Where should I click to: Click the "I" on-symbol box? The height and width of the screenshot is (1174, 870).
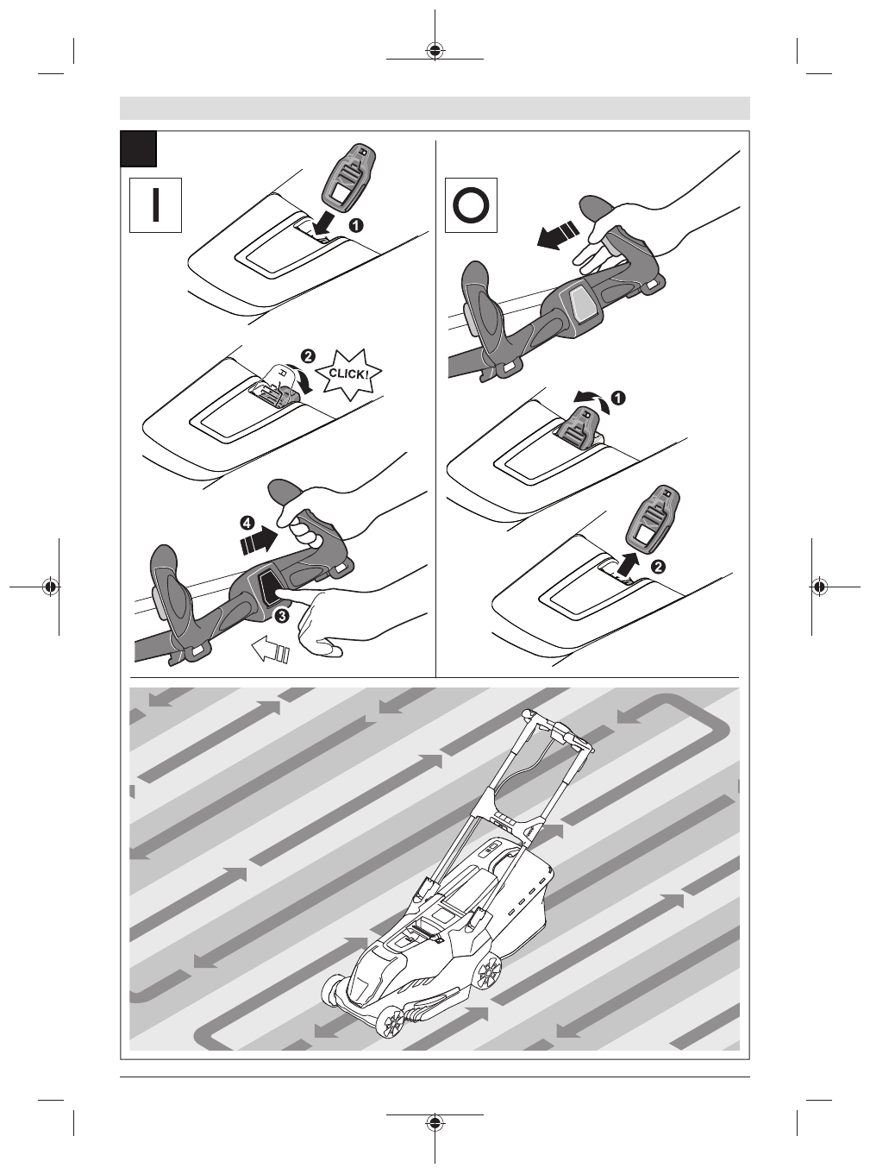tap(155, 205)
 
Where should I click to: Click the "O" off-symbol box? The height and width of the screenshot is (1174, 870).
tap(471, 205)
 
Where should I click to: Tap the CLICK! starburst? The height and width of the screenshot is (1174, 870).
tap(348, 374)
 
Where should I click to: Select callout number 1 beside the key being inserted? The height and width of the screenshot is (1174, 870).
tap(357, 225)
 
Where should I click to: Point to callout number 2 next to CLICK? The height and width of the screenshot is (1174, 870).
tap(308, 355)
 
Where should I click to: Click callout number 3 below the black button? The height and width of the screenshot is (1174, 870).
tap(281, 616)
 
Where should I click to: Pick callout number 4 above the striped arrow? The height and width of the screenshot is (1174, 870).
tap(247, 524)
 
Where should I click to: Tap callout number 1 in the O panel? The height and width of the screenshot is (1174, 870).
tap(618, 397)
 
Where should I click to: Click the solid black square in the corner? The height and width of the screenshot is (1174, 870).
tap(139, 148)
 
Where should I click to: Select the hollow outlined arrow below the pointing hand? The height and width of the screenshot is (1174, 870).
tap(270, 650)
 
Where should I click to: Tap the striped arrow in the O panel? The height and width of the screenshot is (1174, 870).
tap(556, 235)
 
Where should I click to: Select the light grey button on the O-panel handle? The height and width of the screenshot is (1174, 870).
tap(585, 304)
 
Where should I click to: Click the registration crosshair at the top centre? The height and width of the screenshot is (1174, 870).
tap(435, 50)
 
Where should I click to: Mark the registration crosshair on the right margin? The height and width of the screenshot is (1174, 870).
tap(818, 587)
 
